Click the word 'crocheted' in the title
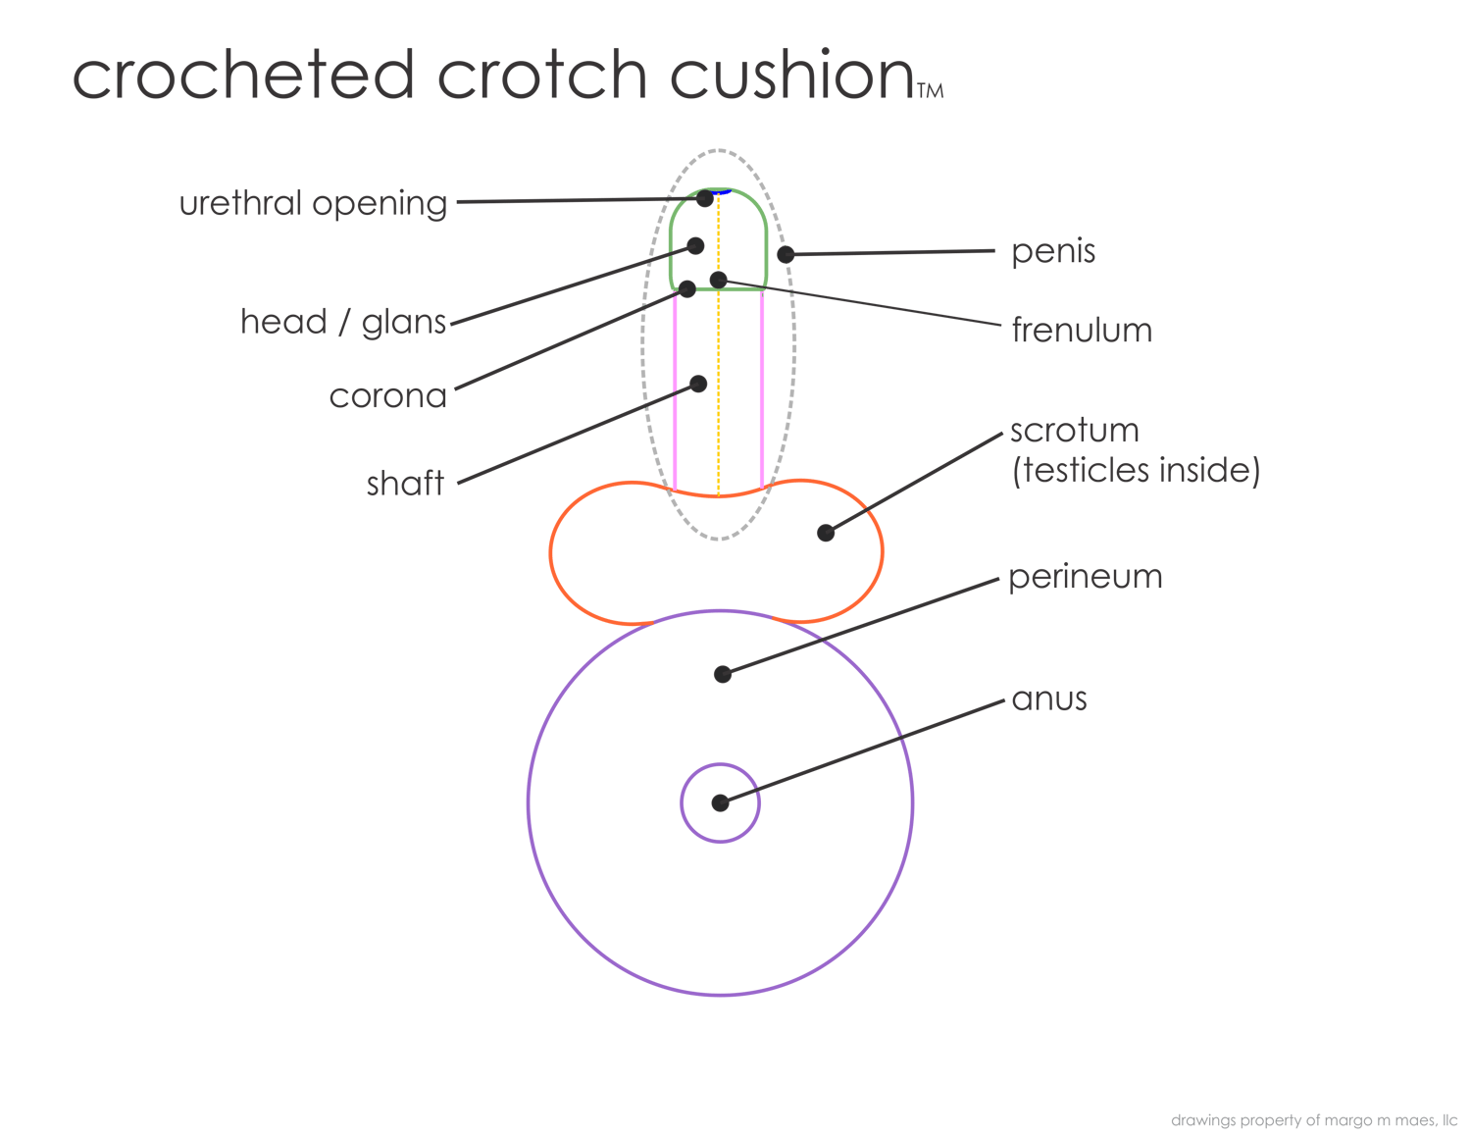tap(243, 76)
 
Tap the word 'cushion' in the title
tap(791, 76)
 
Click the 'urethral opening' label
tap(313, 204)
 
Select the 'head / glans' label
tap(343, 322)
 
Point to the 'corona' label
tap(388, 396)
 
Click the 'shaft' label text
tap(405, 484)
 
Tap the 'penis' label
tap(1053, 252)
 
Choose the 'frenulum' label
tap(1081, 331)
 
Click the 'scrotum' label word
tap(1075, 431)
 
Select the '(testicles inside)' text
tap(1135, 471)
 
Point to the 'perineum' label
tap(1085, 577)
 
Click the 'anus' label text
tap(1048, 699)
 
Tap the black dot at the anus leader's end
tap(721, 802)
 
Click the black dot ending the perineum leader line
tap(723, 674)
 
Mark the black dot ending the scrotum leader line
tap(827, 533)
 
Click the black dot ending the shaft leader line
tap(698, 384)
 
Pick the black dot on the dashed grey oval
tap(786, 255)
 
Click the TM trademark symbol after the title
tap(930, 91)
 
